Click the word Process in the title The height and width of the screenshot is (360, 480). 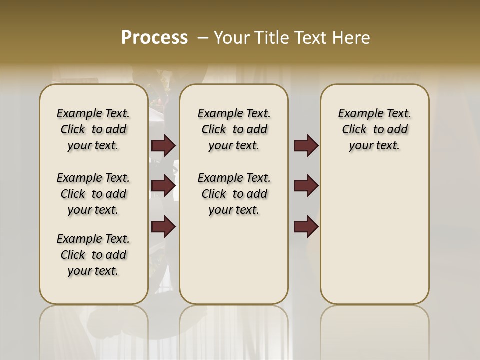click(154, 38)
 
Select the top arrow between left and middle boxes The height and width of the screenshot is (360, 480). click(163, 146)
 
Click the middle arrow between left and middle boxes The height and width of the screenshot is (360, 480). click(163, 186)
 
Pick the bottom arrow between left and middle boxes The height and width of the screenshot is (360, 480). click(163, 227)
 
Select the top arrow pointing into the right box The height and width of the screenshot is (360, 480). click(306, 146)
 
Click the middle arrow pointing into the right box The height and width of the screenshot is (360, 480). click(306, 186)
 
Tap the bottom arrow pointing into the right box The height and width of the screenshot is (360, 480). click(306, 227)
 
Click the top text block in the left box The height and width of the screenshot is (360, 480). click(93, 129)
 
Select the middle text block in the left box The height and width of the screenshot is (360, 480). click(93, 194)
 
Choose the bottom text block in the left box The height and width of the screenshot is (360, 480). click(93, 255)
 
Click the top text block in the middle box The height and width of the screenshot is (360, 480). click(234, 129)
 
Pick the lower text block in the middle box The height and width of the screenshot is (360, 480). click(234, 194)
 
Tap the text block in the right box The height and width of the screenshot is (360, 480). click(374, 129)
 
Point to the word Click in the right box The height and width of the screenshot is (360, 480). click(354, 130)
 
